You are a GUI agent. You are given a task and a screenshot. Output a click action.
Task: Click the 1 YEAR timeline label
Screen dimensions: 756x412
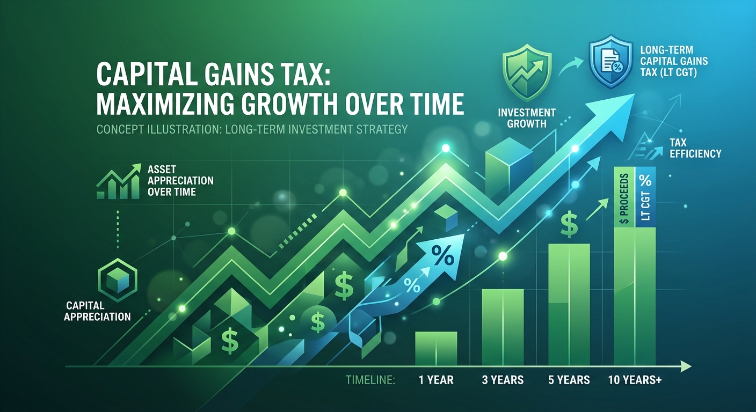tap(436, 380)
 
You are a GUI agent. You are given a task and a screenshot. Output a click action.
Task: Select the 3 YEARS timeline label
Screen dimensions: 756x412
tap(503, 380)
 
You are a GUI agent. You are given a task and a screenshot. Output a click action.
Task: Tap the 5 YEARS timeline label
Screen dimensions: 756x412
tap(569, 380)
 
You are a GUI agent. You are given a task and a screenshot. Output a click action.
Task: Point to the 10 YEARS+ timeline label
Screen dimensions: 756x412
tap(635, 380)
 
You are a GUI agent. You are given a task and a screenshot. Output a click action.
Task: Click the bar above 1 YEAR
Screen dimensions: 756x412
tap(436, 349)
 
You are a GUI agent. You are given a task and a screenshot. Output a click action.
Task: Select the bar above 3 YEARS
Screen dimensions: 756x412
tap(503, 327)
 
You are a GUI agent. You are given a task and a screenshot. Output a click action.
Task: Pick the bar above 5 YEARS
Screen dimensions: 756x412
tap(569, 305)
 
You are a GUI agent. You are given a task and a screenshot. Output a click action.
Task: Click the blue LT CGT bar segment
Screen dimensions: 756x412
tap(645, 197)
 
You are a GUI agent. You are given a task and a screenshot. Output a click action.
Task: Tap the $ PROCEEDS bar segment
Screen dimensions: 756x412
tap(624, 197)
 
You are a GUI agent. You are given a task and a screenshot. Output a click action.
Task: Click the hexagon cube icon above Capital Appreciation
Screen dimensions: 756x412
tap(118, 280)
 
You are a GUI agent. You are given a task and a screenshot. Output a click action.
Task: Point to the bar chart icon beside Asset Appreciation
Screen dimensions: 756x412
tap(118, 181)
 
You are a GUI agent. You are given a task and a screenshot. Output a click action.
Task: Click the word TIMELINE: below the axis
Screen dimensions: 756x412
tap(370, 380)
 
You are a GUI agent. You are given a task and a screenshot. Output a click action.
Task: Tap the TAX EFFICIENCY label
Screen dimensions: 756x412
tap(695, 149)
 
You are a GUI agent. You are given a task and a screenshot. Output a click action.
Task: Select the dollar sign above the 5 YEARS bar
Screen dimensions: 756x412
tap(569, 224)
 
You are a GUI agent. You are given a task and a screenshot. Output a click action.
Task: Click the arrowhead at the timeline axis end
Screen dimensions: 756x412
tap(686, 366)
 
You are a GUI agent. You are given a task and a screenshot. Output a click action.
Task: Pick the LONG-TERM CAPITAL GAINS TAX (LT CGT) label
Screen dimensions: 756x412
tap(674, 61)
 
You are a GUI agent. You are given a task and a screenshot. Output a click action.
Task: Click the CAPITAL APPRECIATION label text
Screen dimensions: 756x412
tap(98, 311)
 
